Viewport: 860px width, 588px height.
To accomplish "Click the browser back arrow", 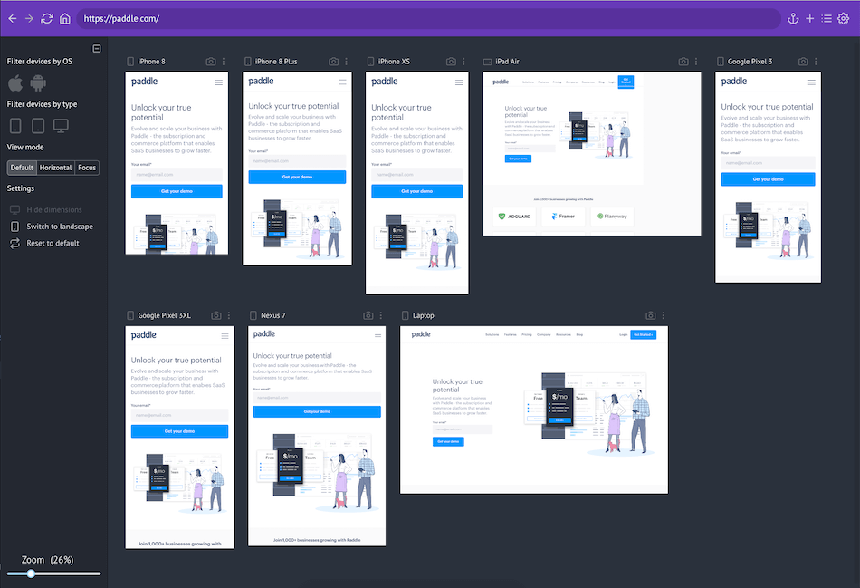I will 12,18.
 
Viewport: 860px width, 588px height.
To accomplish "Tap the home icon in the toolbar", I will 64,18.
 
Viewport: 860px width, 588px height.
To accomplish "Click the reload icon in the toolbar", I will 47,18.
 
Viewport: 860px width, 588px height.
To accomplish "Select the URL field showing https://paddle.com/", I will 425,18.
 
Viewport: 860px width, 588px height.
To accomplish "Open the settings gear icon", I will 844,18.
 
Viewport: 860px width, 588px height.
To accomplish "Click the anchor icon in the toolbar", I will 793,18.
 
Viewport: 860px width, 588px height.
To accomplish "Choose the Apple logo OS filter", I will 15,83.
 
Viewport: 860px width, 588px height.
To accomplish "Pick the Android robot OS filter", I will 38,83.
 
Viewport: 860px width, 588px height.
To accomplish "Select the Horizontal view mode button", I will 55,168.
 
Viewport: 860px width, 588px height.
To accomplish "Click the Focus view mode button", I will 87,168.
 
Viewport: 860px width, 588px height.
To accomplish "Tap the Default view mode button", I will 22,168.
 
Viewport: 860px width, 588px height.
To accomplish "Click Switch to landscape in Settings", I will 59,227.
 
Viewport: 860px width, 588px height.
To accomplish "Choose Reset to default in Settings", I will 53,243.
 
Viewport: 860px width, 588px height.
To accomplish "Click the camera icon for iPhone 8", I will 211,62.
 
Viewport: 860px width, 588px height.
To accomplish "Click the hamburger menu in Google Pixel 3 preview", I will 810,82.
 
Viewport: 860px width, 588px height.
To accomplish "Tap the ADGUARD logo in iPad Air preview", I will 512,217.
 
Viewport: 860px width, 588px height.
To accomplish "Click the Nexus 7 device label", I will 272,315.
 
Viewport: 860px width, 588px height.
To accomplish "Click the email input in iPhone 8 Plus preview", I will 296,159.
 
